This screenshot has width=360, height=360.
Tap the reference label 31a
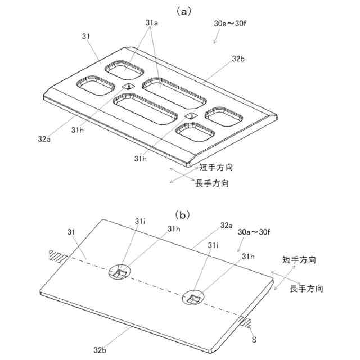(x=152, y=23)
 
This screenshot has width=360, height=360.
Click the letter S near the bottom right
(x=254, y=340)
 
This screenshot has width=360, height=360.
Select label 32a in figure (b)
(x=227, y=225)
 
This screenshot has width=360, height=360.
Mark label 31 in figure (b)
(x=71, y=231)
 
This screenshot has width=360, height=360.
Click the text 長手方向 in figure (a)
(x=212, y=183)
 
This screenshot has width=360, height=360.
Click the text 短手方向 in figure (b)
(x=299, y=260)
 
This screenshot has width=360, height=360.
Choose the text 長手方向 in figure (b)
(x=307, y=289)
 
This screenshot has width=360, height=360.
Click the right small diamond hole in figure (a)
(x=190, y=116)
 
